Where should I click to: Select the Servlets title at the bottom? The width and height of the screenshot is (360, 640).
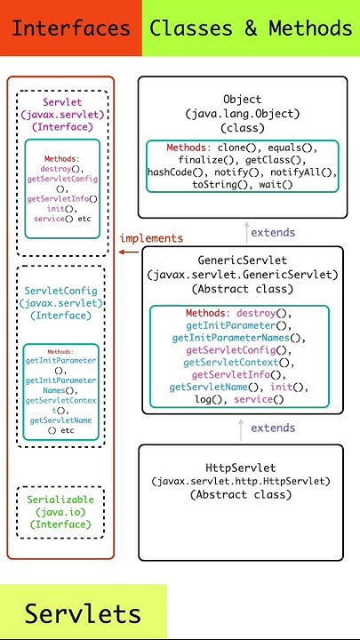click(83, 613)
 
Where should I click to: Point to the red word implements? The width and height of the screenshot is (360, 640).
click(151, 238)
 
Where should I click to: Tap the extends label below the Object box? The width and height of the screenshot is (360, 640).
click(273, 233)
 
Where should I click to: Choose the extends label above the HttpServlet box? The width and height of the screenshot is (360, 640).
click(273, 428)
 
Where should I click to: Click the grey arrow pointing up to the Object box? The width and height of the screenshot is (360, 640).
click(247, 232)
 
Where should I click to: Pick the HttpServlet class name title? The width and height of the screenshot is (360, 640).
click(240, 468)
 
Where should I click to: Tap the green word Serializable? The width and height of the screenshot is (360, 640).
click(61, 500)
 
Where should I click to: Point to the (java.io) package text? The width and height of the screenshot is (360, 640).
click(61, 512)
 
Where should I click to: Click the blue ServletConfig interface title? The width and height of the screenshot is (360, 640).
click(61, 291)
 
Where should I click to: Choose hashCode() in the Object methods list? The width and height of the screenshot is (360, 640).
click(176, 172)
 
